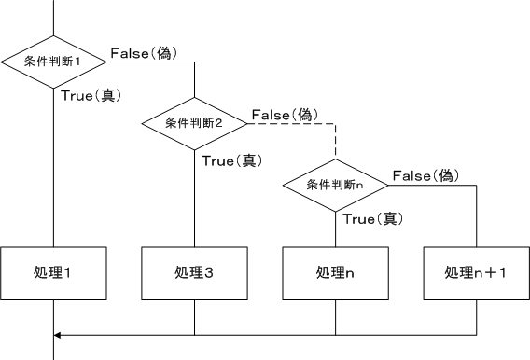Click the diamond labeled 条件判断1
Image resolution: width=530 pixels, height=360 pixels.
point(53,62)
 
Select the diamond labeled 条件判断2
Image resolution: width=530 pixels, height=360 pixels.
point(195,122)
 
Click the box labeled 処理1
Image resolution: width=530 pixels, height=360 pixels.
point(53,273)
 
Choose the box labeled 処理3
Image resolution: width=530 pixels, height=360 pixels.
point(194,273)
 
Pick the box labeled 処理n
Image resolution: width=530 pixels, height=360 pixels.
point(335,273)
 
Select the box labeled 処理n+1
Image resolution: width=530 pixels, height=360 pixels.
point(476,273)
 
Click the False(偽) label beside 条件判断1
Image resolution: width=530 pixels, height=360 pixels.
point(144,53)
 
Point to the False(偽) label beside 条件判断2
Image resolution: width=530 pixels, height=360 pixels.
point(285,114)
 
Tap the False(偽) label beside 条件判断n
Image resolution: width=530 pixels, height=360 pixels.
point(425,175)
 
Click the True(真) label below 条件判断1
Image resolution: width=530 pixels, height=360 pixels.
point(93,95)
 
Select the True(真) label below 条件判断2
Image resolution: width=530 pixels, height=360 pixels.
point(233,159)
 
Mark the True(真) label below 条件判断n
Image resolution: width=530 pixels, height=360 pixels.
point(373,219)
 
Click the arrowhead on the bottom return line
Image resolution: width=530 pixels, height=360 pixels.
point(59,334)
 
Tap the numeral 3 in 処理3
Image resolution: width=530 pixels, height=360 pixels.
point(210,273)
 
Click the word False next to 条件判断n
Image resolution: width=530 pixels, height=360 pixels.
point(411,175)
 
